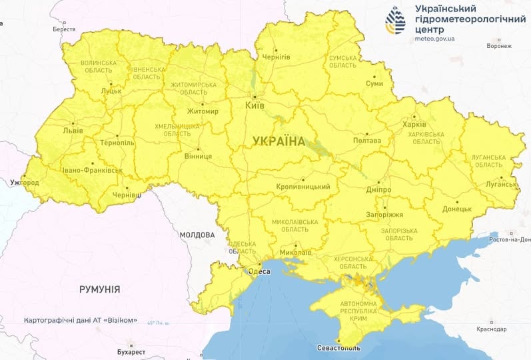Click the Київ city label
[x=255, y=105]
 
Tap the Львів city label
[x=73, y=131]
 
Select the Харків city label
[x=414, y=124]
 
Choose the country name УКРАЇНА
[x=278, y=141]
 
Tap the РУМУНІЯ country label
[x=99, y=289]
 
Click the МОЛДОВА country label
[x=197, y=235]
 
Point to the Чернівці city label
[x=127, y=194]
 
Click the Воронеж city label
[x=499, y=46]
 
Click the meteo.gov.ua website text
[x=434, y=39]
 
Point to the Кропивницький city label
[x=303, y=187]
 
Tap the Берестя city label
[x=64, y=29]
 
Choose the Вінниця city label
[x=198, y=156]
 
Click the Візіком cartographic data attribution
[x=80, y=320]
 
